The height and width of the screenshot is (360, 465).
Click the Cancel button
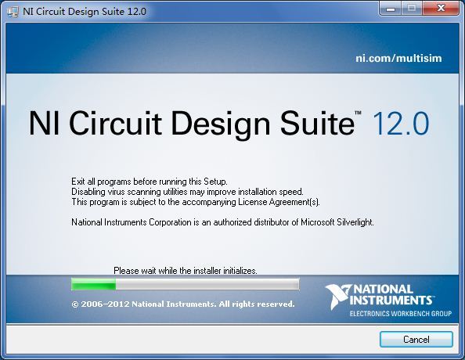416,339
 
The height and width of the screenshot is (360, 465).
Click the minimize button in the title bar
391,9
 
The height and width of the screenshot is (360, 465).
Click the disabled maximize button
412,9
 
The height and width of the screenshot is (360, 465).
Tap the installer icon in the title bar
13,12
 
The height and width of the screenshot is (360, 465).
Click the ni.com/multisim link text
398,58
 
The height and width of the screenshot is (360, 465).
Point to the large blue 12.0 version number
400,123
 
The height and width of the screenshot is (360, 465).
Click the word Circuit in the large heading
115,123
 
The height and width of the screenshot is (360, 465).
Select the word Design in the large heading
221,124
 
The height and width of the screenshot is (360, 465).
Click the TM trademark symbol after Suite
358,113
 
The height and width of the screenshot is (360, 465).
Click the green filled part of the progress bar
94,285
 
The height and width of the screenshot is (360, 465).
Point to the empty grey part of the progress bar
207,285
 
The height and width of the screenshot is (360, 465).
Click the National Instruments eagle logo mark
337,297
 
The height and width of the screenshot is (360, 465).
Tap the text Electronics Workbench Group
401,314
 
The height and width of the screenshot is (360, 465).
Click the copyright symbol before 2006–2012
75,304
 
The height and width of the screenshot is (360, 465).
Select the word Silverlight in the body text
355,222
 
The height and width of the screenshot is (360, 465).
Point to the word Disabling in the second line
88,192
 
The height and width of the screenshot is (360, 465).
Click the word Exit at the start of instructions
78,182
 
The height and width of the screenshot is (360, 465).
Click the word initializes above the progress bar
240,271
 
